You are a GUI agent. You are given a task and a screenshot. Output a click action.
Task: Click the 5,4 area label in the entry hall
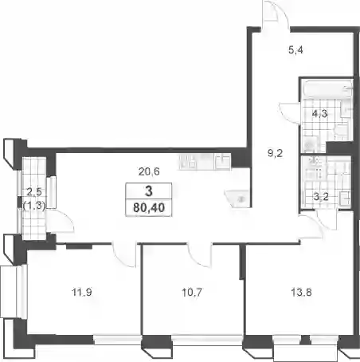tap(295, 50)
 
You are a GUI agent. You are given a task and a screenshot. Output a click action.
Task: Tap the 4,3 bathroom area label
tap(319, 114)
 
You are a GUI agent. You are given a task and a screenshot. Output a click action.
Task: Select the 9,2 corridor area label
tap(275, 153)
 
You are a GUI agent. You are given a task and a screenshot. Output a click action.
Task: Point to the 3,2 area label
tap(321, 197)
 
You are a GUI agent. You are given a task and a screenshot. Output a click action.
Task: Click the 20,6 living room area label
tap(149, 171)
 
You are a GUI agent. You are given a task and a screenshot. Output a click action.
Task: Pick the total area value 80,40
tap(149, 207)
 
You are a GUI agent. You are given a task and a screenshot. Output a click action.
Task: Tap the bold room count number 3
tap(149, 191)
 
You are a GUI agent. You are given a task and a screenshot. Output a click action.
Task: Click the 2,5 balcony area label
tap(34, 191)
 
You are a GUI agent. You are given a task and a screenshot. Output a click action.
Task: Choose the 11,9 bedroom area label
tap(82, 293)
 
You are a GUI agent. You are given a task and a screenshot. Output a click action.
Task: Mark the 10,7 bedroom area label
tap(192, 293)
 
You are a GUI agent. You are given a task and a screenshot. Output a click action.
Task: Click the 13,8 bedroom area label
tap(301, 293)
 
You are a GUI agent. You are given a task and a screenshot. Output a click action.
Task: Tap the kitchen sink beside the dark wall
tap(222, 161)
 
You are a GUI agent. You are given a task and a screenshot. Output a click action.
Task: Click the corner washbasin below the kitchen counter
tap(237, 198)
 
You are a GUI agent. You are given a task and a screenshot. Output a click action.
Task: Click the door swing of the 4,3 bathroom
tap(289, 112)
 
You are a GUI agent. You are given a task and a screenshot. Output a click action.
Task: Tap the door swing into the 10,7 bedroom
tap(200, 254)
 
